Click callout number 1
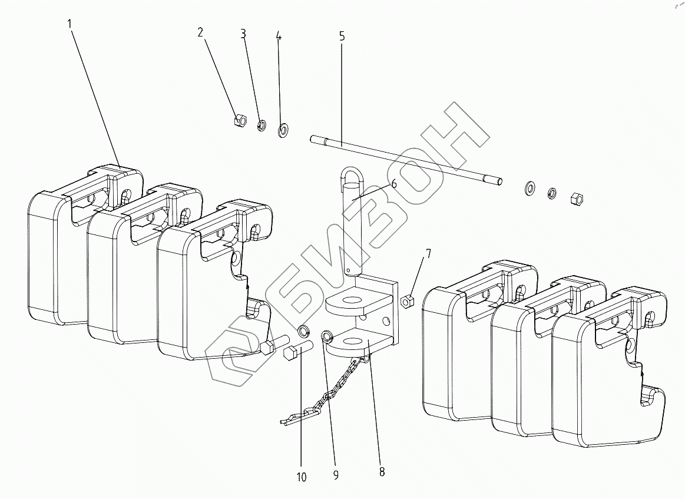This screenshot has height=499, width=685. coord(70,24)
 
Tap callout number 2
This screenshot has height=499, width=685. coord(200,32)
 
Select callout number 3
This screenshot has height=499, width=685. coord(243,34)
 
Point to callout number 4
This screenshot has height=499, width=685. coord(279,36)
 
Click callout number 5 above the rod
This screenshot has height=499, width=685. coord(342,36)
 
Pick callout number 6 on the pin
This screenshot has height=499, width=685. coord(393,183)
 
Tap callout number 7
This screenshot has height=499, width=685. coord(428,254)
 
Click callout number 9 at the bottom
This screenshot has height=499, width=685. coord(336,475)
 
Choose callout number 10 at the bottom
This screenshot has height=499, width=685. coord(302,477)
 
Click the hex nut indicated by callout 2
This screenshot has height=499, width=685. coord(239,121)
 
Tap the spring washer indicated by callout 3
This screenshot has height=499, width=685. coord(262,125)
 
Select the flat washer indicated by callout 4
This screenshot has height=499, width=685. coord(283,128)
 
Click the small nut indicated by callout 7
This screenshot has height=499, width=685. coord(406,302)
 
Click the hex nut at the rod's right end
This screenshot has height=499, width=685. coord(575,199)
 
